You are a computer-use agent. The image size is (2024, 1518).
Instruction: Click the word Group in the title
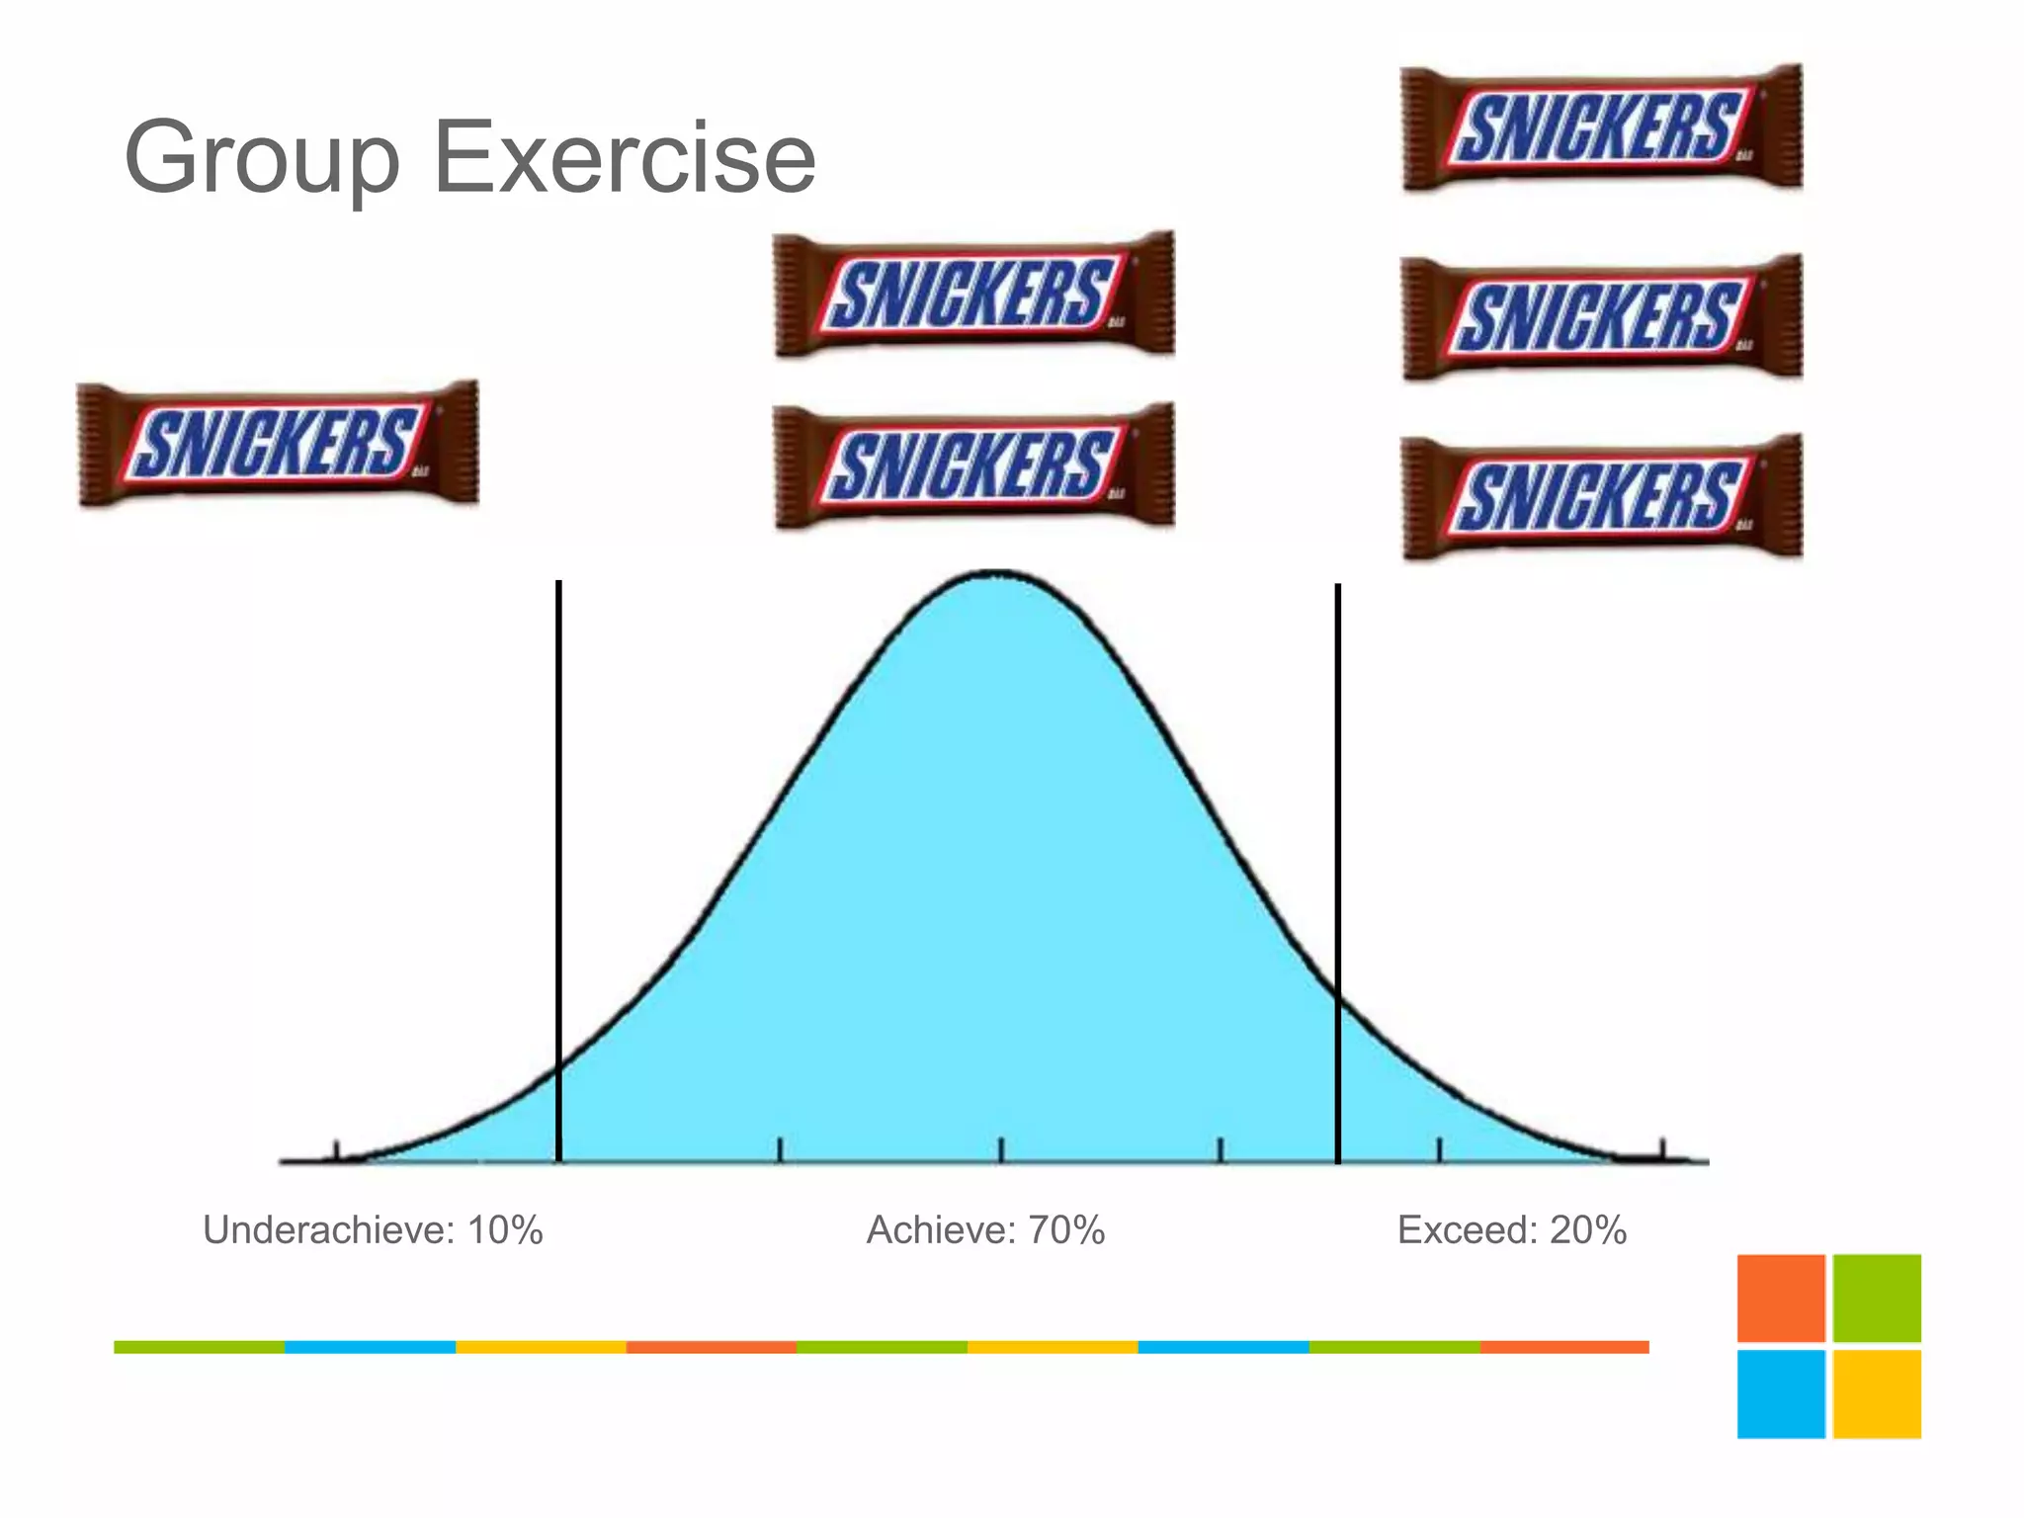[262, 158]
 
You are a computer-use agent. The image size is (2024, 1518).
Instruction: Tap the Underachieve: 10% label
[373, 1230]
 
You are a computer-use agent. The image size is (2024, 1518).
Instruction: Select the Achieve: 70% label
[985, 1230]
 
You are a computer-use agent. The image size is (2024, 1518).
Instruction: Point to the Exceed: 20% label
[1511, 1230]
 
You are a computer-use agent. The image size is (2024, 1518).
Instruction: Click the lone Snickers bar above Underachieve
[278, 443]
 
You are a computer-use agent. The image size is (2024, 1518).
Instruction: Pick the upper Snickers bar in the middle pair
[973, 294]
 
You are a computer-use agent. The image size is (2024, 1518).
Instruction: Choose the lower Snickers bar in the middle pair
[973, 464]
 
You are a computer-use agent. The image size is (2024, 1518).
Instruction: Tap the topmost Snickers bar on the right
[1602, 127]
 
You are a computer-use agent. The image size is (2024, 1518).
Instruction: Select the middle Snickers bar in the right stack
[1602, 317]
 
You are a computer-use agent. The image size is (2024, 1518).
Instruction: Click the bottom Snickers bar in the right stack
[1602, 497]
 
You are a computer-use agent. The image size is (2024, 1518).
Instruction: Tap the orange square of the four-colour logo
[1781, 1298]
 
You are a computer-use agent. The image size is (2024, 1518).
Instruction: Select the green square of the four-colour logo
[1877, 1298]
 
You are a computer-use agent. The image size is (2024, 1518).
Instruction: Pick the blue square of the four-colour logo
[1781, 1393]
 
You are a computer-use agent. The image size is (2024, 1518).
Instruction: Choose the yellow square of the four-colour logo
[1877, 1393]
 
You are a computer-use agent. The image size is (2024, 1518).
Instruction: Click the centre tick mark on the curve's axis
[1000, 1150]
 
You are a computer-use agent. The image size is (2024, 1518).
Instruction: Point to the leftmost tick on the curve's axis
[337, 1151]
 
